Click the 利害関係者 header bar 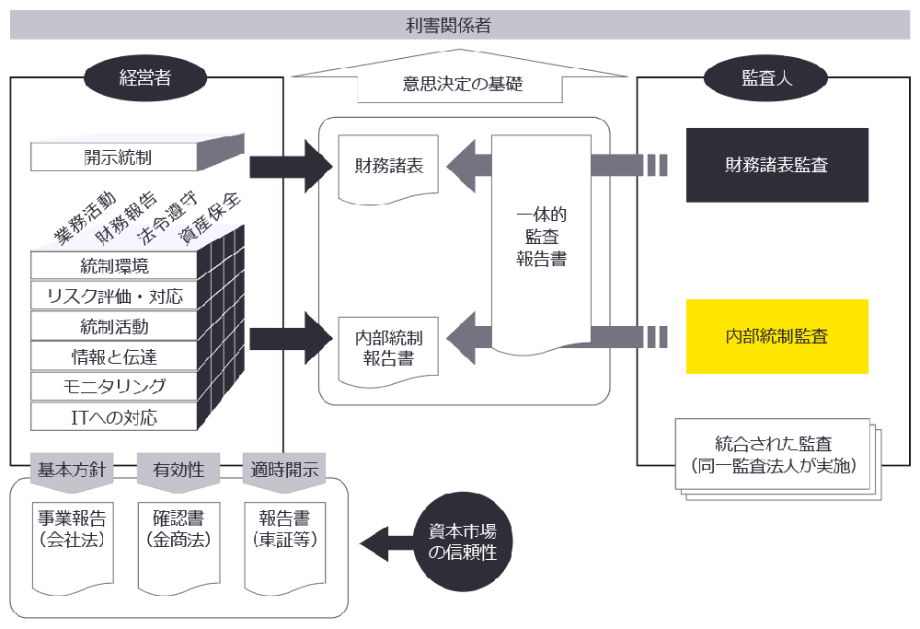460,25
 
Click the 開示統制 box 114,157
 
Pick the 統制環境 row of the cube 114,266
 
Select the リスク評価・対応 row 114,296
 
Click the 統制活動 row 114,326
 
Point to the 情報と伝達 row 114,355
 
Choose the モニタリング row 114,386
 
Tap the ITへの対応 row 114,416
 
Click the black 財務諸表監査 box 776,166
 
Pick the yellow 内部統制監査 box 776,336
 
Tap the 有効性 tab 178,470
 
